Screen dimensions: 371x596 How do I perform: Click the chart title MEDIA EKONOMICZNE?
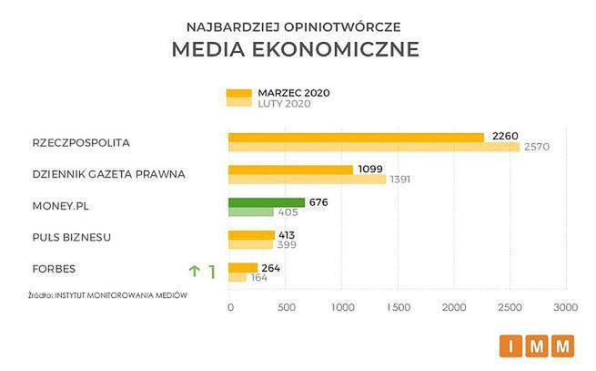(x=295, y=49)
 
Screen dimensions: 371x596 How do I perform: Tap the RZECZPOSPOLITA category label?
(x=81, y=143)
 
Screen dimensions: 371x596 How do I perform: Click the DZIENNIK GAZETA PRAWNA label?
(x=108, y=174)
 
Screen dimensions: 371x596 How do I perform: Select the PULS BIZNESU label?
(x=71, y=237)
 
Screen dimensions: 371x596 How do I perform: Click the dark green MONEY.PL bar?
(x=266, y=202)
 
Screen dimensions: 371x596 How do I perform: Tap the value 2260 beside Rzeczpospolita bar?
(x=505, y=136)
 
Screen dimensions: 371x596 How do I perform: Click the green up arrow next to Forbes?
(x=193, y=271)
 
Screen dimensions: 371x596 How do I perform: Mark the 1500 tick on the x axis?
(x=399, y=308)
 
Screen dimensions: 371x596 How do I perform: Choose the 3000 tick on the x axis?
(x=565, y=308)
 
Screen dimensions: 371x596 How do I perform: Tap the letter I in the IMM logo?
(x=510, y=345)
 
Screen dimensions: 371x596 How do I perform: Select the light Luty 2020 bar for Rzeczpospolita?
(x=373, y=147)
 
